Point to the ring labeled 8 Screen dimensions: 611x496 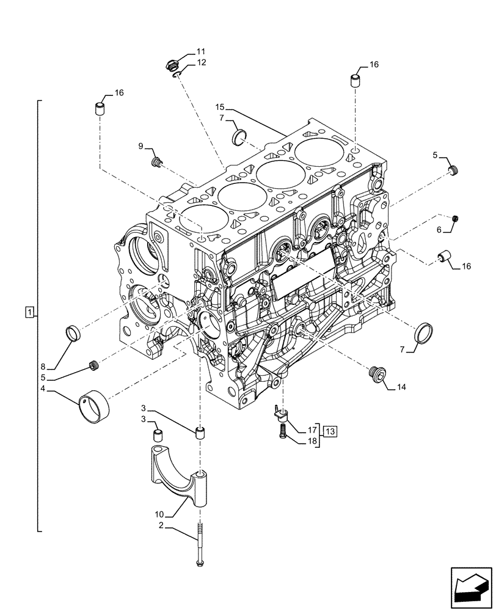tap(74, 334)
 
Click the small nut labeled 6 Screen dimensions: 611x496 tap(456, 219)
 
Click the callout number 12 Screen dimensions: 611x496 tap(202, 62)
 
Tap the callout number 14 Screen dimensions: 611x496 tap(401, 387)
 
